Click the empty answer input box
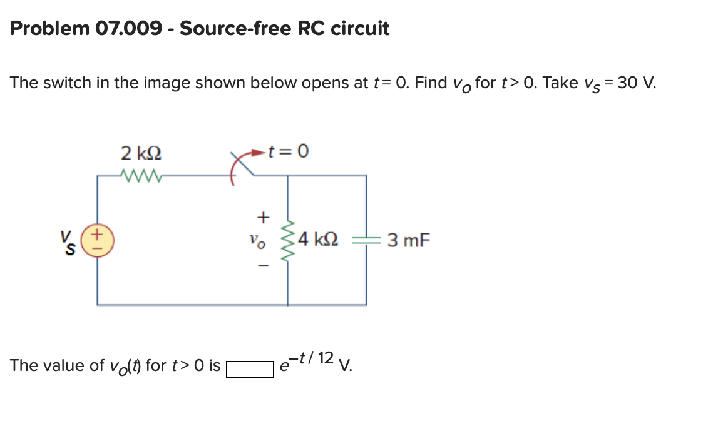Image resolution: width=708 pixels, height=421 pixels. [250, 368]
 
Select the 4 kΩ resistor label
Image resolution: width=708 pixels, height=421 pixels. [319, 240]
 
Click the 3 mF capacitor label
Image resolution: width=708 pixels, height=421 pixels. [409, 240]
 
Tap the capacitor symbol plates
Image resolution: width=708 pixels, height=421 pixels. [366, 240]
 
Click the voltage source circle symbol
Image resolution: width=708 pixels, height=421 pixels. [97, 240]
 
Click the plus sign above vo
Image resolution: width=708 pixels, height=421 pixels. [264, 217]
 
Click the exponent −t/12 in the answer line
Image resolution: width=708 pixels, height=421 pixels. [317, 358]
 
